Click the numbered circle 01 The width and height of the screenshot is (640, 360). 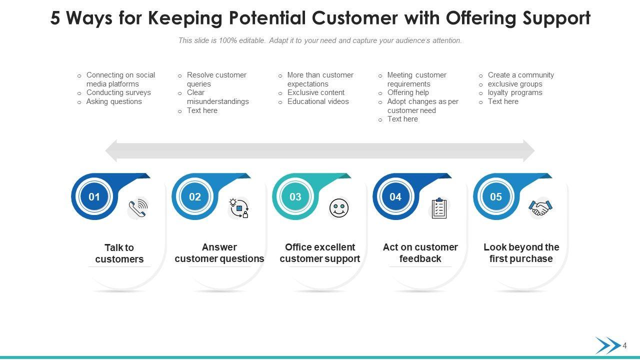tap(94, 196)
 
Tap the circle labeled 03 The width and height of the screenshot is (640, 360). tap(295, 196)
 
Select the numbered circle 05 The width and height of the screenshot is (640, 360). tap(496, 196)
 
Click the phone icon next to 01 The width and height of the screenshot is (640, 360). tap(138, 208)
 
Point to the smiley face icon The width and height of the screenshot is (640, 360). tap(339, 208)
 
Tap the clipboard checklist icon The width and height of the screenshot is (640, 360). tap(439, 208)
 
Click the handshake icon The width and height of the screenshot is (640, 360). tap(539, 208)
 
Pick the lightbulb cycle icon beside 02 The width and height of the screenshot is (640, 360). tap(239, 208)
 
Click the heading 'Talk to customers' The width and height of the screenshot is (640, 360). tap(119, 253)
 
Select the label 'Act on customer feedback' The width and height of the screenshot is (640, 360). tap(420, 253)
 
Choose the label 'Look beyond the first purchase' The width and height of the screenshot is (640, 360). tap(521, 253)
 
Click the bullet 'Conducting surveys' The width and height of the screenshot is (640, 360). tap(118, 92)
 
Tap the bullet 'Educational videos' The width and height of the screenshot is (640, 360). tap(318, 101)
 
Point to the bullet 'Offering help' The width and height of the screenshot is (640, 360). tap(408, 92)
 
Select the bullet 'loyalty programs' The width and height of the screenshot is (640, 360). tap(515, 92)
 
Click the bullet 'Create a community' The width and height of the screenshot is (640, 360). tap(521, 75)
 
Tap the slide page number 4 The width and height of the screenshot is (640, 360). tap(624, 345)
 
